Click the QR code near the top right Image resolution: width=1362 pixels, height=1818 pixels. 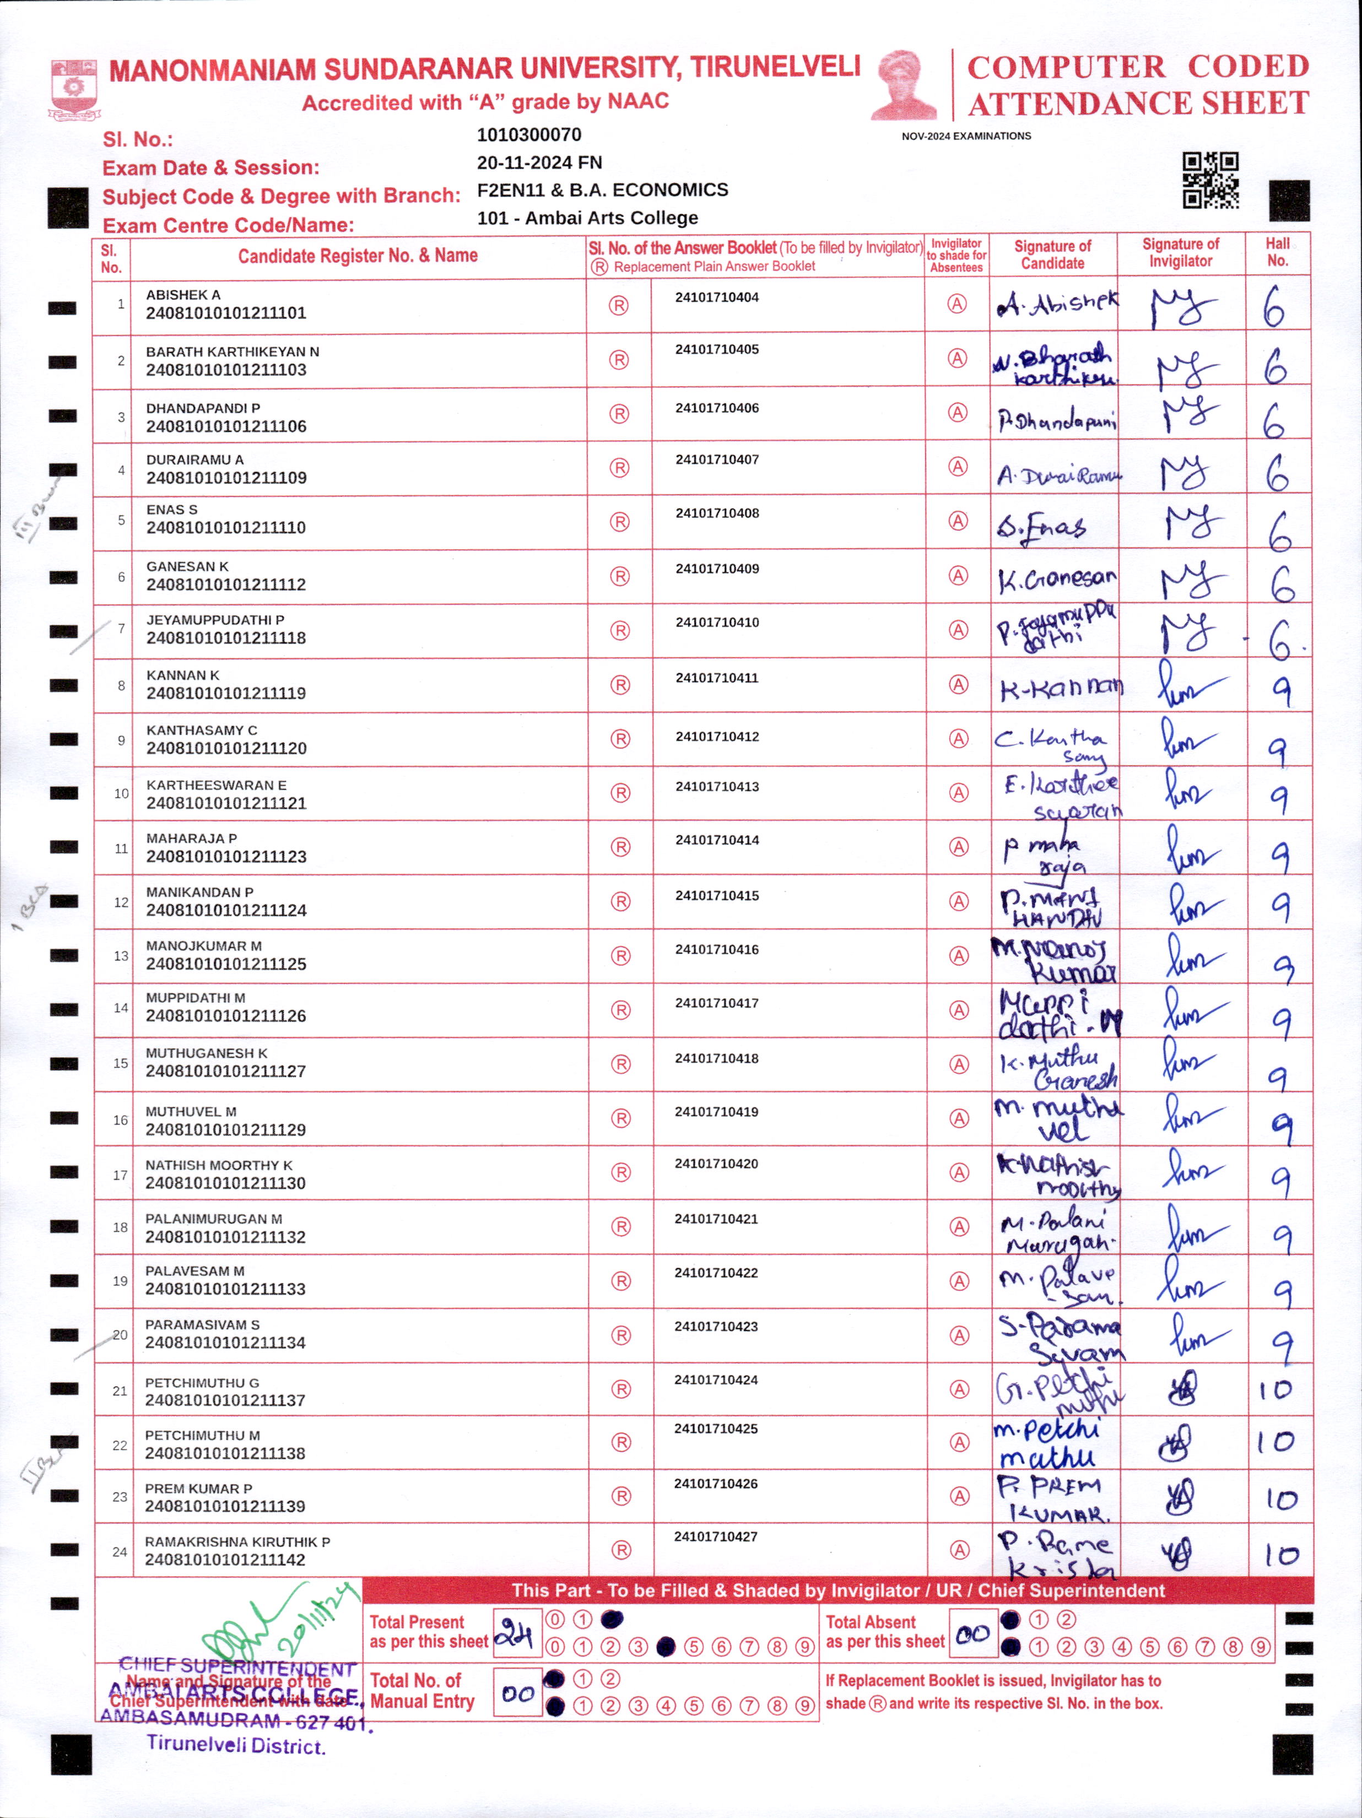pyautogui.click(x=1210, y=180)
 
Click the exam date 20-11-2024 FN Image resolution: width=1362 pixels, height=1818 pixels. pyautogui.click(x=539, y=163)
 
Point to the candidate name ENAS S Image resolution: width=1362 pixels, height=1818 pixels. pyautogui.click(x=172, y=510)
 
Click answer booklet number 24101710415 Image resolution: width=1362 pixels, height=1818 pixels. pyautogui.click(x=717, y=895)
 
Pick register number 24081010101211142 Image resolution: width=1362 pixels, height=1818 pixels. pyautogui.click(x=225, y=1559)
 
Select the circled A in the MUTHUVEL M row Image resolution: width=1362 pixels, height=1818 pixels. pyautogui.click(x=959, y=1118)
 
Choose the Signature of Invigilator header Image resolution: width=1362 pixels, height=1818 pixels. pyautogui.click(x=1180, y=252)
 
